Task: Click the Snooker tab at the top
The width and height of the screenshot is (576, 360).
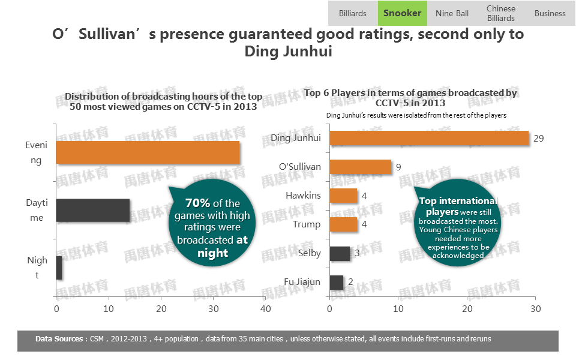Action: (402, 13)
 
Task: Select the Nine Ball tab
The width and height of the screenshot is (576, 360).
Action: (452, 13)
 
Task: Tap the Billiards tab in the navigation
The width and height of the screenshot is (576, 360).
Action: (353, 13)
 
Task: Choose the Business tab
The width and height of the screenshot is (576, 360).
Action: (550, 13)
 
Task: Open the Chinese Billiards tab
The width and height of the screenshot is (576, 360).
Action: (501, 13)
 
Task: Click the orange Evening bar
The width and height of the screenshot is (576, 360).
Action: (148, 152)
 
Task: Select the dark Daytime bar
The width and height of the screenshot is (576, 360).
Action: (93, 210)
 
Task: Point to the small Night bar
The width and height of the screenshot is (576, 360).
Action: (59, 268)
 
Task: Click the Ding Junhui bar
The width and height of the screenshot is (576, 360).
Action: (429, 138)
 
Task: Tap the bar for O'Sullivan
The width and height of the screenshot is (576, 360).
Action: (360, 167)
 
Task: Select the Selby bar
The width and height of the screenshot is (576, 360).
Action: (340, 253)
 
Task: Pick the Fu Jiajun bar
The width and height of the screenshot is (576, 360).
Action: (337, 282)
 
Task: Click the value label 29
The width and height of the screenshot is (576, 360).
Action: (538, 139)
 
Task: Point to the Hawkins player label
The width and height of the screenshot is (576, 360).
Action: (303, 196)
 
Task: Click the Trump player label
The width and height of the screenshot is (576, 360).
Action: (307, 224)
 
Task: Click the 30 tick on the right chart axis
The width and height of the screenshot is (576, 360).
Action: (535, 309)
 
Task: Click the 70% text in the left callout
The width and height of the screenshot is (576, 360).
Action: (197, 203)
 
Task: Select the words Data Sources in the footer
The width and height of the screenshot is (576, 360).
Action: (59, 339)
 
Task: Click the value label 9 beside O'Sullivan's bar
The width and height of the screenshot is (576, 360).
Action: (398, 167)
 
